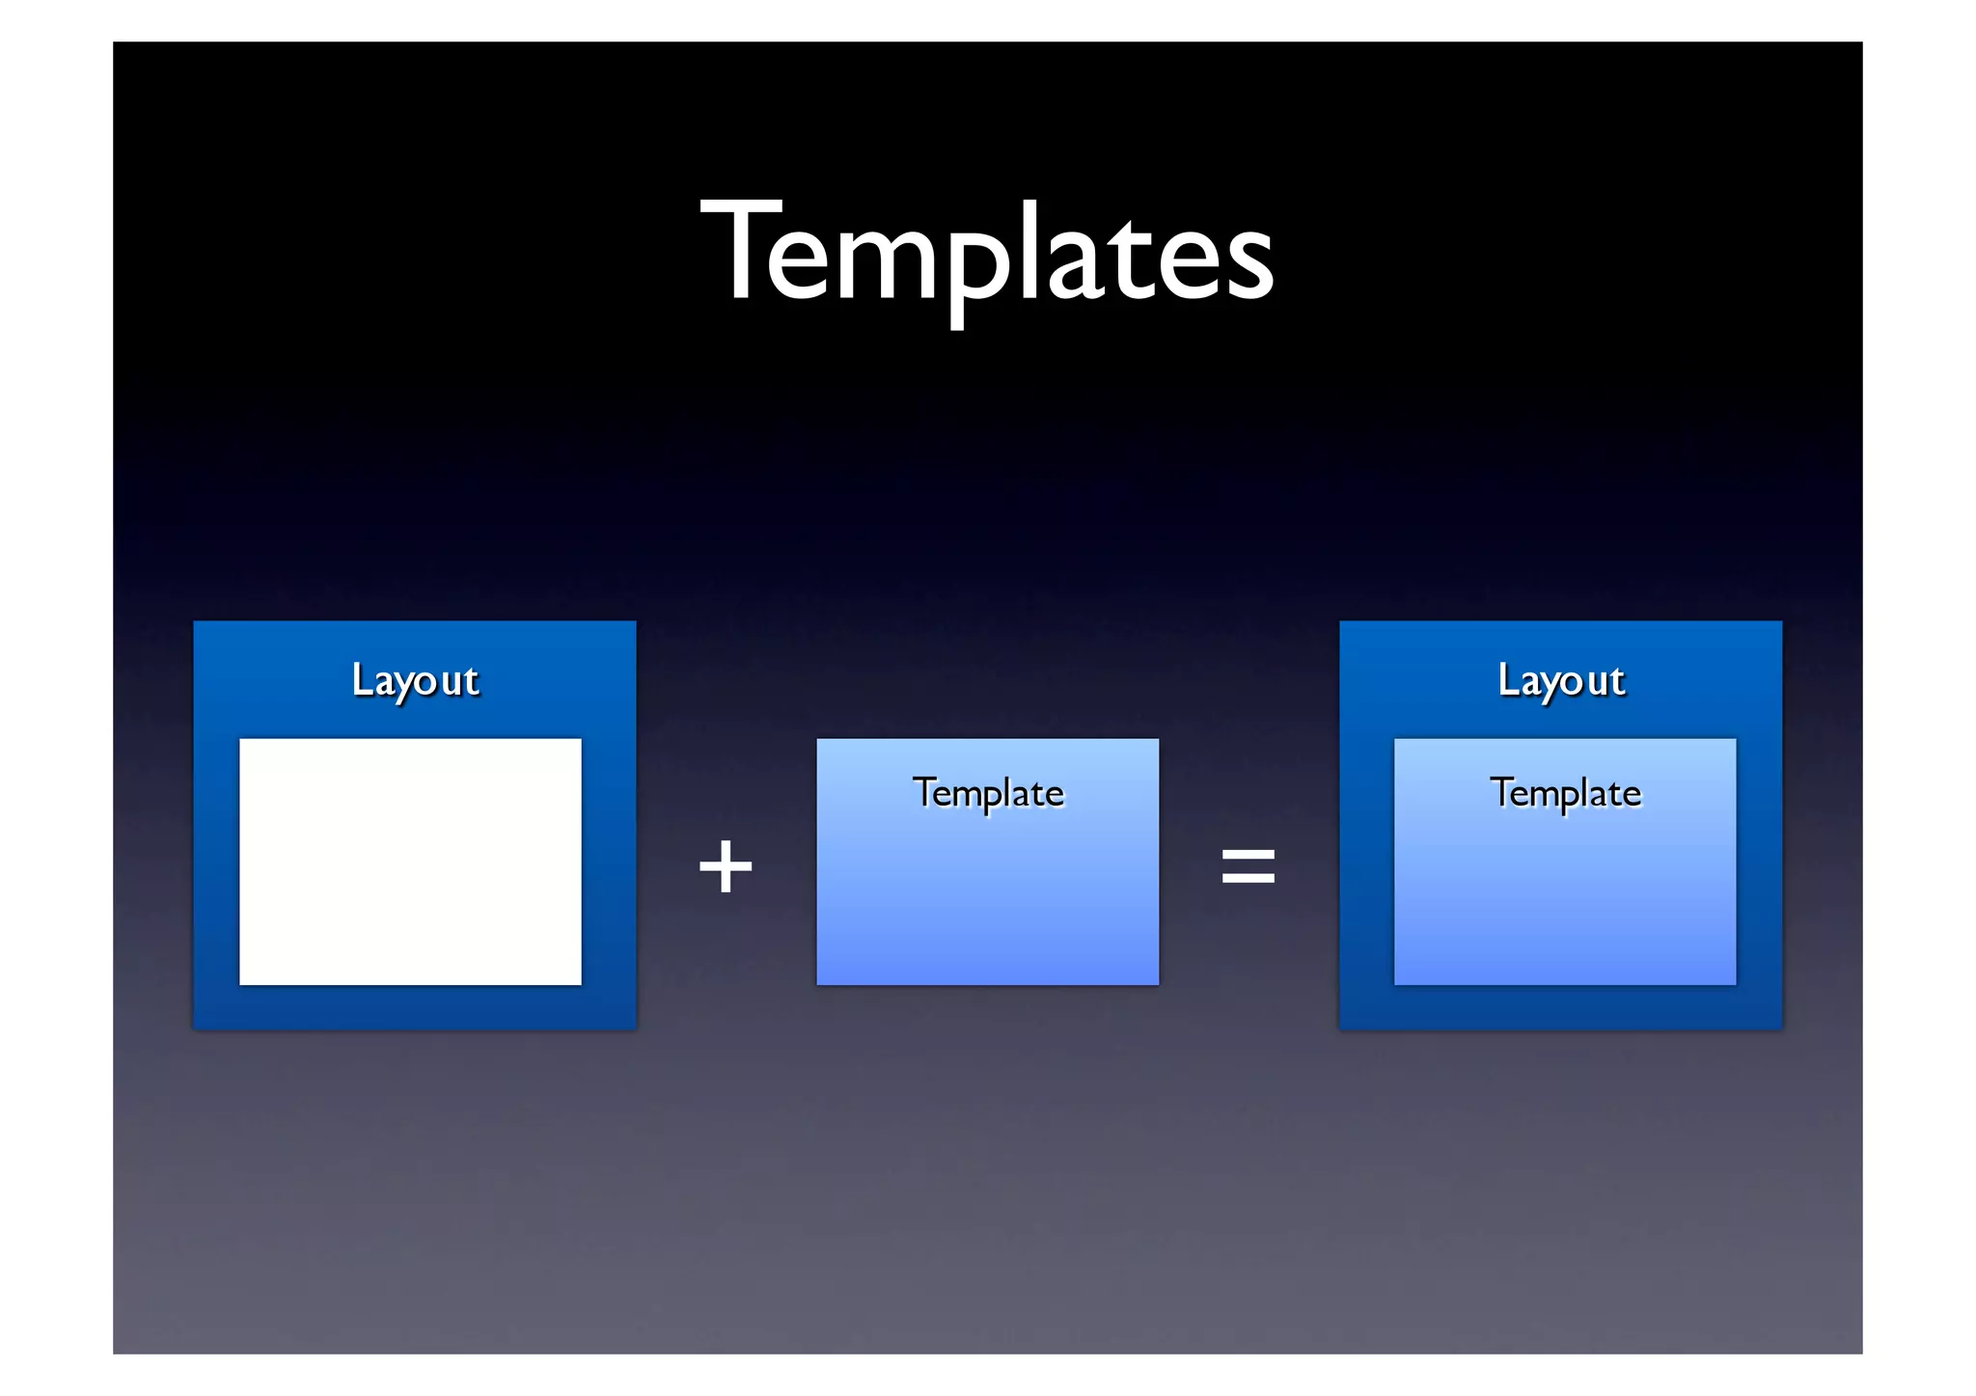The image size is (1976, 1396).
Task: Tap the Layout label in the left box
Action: (415, 681)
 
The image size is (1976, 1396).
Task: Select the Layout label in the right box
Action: (1561, 681)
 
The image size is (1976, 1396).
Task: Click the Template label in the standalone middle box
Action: (988, 793)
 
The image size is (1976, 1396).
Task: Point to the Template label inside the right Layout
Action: (1565, 793)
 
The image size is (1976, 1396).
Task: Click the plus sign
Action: (726, 865)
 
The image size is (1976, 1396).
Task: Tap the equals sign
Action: (1249, 865)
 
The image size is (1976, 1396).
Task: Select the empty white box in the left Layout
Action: (410, 862)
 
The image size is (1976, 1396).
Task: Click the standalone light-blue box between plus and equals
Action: (988, 888)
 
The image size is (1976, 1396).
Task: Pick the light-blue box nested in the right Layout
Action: (1565, 888)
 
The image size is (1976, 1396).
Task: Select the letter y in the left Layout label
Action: (411, 687)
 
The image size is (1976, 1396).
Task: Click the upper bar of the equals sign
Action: (1249, 853)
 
